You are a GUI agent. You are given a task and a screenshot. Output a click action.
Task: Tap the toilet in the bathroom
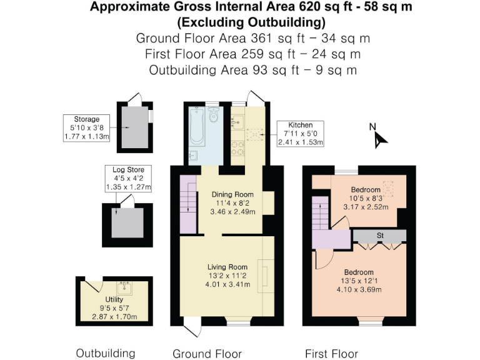pos(214,116)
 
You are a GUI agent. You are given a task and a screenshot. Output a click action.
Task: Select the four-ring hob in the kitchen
pos(237,149)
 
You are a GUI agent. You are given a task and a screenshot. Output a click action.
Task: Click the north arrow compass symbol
pos(377,138)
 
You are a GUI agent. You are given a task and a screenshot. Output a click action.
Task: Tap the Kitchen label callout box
pos(301,134)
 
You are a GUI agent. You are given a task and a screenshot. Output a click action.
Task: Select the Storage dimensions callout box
pos(86,128)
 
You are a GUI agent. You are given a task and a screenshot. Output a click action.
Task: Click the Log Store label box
pos(128,178)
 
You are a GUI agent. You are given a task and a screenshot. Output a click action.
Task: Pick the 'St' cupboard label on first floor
pos(379,236)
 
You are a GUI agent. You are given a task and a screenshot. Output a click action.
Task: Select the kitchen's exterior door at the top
pos(254,98)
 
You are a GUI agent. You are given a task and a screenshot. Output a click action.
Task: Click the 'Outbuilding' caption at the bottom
pos(106,353)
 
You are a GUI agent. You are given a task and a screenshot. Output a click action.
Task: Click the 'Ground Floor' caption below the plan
pos(207,354)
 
